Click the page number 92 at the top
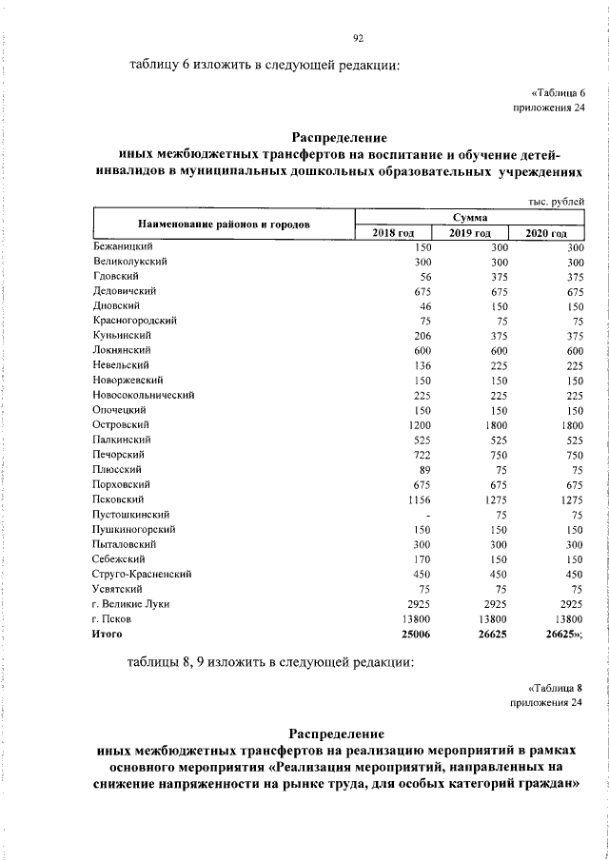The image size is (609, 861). [x=359, y=37]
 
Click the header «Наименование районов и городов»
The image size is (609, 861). [x=223, y=225]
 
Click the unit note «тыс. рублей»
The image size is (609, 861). [x=555, y=201]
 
